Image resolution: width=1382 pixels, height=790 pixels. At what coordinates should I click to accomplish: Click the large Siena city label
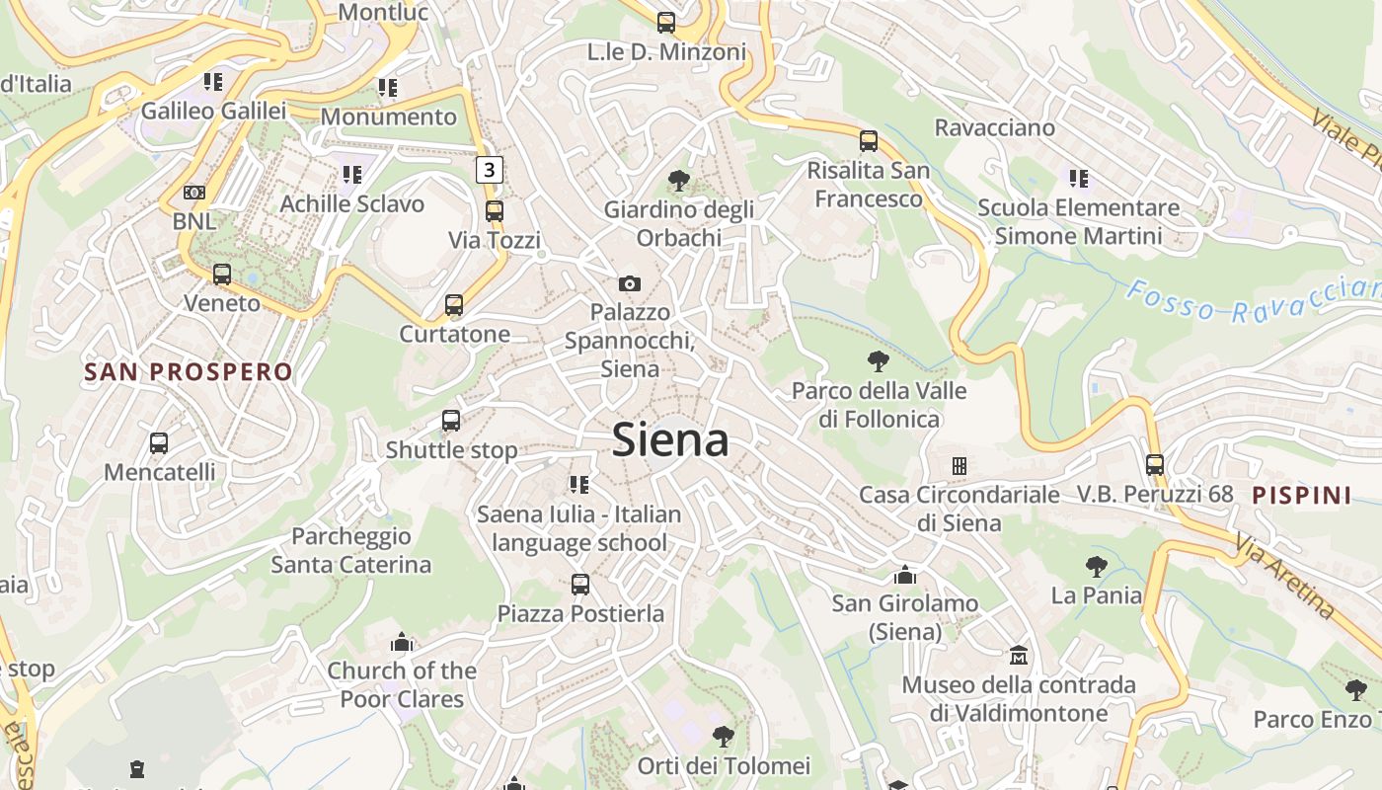click(x=670, y=439)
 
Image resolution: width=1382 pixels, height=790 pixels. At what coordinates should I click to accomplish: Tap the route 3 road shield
click(x=489, y=170)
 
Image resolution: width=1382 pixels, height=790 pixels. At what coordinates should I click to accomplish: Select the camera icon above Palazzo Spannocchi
click(x=630, y=283)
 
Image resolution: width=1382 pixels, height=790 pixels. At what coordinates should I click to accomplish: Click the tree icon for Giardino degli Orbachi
click(x=678, y=180)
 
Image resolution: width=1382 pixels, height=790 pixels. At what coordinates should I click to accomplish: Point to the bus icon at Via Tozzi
click(x=494, y=210)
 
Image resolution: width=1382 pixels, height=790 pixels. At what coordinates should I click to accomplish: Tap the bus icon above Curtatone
click(x=454, y=304)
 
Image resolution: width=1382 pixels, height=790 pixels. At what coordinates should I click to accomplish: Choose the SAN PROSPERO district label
click(x=189, y=372)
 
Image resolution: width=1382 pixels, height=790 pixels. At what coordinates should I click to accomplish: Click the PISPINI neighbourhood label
click(x=1302, y=496)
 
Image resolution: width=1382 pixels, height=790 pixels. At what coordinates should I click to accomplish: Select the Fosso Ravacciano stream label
click(x=1254, y=300)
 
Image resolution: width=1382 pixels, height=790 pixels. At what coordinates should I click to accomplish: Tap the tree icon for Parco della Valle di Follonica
click(x=878, y=361)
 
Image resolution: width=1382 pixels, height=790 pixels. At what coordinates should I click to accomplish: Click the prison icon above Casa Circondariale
click(x=959, y=465)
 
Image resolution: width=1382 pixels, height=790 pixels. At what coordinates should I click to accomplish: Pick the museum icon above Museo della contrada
click(x=1019, y=655)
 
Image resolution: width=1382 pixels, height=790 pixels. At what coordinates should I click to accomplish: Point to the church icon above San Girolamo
click(x=905, y=574)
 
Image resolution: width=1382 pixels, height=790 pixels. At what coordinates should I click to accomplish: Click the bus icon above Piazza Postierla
click(x=580, y=584)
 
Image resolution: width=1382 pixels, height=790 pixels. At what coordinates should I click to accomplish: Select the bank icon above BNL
click(x=194, y=192)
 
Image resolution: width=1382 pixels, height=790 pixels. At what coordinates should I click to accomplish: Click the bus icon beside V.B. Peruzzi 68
click(x=1155, y=464)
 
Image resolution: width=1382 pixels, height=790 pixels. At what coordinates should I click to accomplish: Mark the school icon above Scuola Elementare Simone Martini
click(x=1078, y=179)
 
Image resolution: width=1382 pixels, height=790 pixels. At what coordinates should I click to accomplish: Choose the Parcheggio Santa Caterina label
click(x=351, y=550)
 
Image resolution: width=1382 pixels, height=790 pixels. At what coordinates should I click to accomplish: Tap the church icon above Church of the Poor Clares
click(x=401, y=643)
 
